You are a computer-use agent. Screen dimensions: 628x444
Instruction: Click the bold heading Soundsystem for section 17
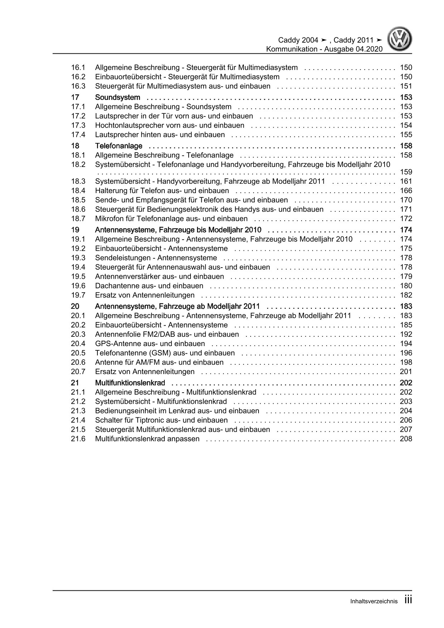coord(117,97)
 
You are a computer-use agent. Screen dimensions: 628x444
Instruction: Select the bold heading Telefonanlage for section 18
coord(119,146)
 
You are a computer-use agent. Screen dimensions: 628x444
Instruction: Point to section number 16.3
coord(78,86)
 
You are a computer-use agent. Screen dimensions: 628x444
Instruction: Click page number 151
coord(406,86)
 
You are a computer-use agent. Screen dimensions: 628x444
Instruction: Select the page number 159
coord(406,172)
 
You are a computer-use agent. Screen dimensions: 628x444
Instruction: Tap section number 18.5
coord(78,200)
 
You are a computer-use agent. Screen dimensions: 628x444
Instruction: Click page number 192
coord(406,335)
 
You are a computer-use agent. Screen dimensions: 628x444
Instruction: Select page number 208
coord(406,439)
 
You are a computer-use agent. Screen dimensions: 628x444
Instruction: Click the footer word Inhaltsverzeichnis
coord(374,601)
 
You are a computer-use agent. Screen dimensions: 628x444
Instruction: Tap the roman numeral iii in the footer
coord(408,600)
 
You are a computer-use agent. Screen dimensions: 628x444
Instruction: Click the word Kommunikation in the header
coord(291,49)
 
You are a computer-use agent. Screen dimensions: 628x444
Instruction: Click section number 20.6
coord(78,363)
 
